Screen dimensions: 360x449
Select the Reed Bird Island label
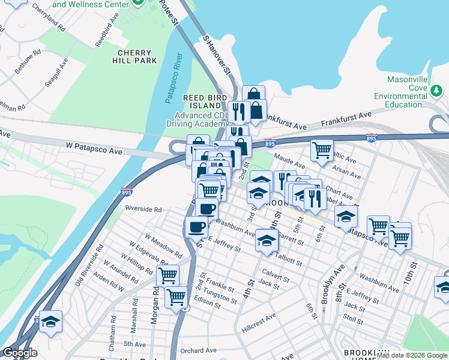point(205,101)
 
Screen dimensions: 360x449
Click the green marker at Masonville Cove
point(436,91)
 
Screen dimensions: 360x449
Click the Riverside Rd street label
point(143,209)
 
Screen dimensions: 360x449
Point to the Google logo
point(20,353)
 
